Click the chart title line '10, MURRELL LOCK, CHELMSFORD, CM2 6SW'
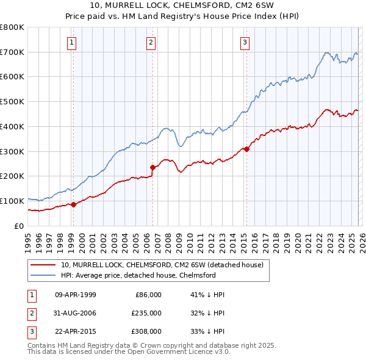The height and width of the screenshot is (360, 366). (183, 5)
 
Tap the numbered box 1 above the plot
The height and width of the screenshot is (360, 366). (73, 42)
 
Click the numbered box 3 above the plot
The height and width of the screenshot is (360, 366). (245, 42)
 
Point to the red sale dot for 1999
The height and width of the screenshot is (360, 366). (74, 204)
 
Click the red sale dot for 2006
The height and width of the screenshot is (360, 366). (153, 167)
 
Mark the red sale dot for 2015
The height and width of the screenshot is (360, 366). (246, 149)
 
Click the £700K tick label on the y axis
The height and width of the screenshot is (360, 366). (12, 52)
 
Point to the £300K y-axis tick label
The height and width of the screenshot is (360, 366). (12, 151)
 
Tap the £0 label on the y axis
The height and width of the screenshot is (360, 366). (18, 226)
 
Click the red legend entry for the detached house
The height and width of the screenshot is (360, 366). (162, 265)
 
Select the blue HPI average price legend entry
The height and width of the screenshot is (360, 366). (146, 276)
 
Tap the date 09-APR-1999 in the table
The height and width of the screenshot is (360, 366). (76, 295)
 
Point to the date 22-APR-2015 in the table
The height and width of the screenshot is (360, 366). (76, 331)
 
